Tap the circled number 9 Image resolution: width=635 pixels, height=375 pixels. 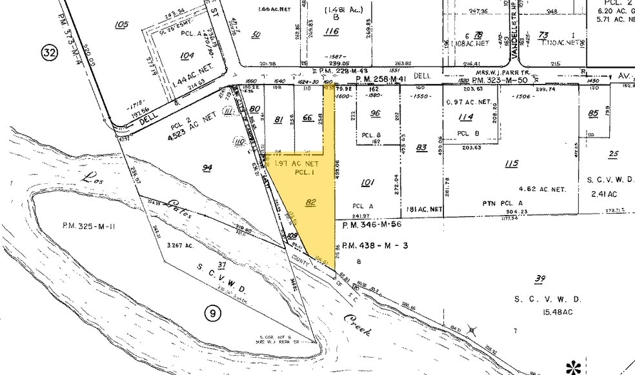click(212, 314)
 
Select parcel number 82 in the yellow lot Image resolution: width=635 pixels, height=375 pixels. click(310, 203)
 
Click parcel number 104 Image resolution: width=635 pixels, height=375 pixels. click(187, 56)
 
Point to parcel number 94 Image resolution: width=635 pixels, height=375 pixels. click(207, 168)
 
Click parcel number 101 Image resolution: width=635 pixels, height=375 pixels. click(367, 183)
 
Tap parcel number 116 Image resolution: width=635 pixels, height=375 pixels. click(332, 32)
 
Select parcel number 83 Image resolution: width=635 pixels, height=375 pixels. click(422, 148)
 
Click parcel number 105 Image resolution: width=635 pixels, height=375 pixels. click(121, 25)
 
